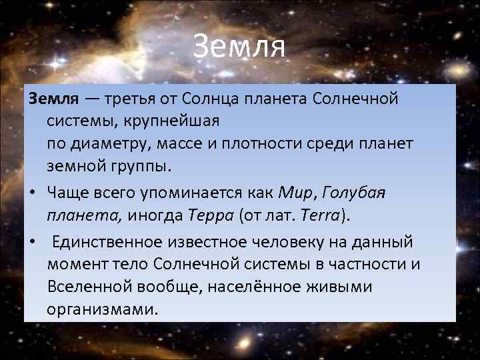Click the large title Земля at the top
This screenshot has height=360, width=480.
[239, 47]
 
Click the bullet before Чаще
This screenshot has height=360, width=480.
[31, 193]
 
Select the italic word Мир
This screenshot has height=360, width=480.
[296, 193]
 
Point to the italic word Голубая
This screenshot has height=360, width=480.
[353, 193]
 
